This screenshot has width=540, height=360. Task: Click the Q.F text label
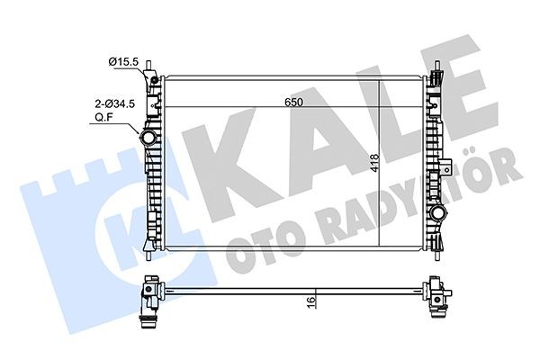(106, 117)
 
